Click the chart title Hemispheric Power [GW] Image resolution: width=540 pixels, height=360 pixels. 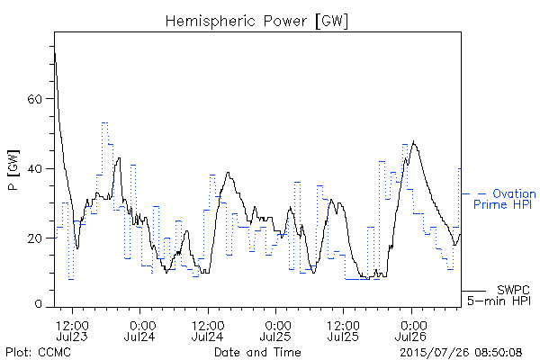256,22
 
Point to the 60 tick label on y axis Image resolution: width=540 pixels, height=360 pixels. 34,99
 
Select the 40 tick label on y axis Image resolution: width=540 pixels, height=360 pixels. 34,169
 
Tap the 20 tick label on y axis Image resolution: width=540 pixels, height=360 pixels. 34,238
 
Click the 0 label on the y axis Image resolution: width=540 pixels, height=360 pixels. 38,304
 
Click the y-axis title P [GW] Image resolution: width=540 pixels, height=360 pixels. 13,170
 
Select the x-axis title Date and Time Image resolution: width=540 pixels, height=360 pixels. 257,353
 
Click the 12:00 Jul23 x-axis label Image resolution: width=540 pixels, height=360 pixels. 72,330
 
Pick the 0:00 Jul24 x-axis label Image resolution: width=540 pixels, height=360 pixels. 139,330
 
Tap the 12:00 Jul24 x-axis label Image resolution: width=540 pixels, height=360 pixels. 208,330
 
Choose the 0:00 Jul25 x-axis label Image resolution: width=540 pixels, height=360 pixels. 275,330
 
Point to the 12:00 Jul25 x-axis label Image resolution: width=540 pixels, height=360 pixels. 344,330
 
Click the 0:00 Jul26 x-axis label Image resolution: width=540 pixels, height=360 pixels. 411,330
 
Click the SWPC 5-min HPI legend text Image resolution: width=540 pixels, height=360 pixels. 499,295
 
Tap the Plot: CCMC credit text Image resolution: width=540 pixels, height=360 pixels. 38,353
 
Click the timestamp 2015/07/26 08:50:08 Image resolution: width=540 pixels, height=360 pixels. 461,353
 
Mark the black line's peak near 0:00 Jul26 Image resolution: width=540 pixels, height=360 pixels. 414,141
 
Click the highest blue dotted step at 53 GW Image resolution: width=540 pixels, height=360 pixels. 105,122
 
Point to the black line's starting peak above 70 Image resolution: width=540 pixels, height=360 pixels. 55,53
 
